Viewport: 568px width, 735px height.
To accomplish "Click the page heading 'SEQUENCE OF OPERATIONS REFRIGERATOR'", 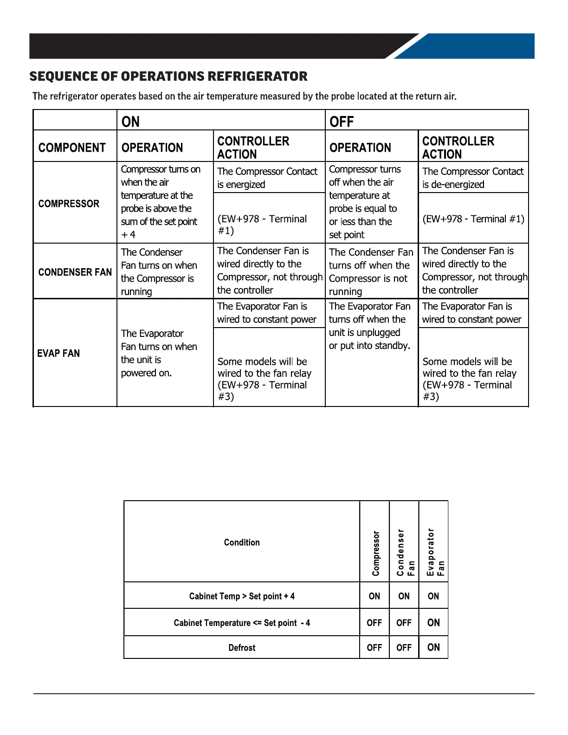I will [168, 77].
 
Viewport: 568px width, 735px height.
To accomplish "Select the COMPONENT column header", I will [72, 148].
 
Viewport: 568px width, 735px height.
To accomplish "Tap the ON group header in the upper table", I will [130, 122].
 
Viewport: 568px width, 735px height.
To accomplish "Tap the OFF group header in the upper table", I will [342, 122].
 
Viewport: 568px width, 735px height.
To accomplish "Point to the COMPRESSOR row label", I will [69, 204].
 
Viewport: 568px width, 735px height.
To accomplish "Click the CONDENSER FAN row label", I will [75, 272].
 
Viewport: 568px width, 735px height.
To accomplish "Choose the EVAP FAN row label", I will [58, 353].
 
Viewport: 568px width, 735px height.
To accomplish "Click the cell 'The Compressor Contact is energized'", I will [267, 178].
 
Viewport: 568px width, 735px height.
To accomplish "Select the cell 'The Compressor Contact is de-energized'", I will [472, 178].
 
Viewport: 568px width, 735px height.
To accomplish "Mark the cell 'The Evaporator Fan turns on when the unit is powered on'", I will [159, 353].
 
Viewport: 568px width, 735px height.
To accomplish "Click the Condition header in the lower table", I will [242, 542].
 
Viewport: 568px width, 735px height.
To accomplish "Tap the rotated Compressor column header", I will [375, 553].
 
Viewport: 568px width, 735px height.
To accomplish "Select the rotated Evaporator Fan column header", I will [435, 552].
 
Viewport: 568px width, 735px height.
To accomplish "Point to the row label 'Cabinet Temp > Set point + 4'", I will [242, 596].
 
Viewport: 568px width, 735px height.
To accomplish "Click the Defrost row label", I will [242, 647].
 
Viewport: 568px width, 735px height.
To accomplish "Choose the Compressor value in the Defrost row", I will [374, 647].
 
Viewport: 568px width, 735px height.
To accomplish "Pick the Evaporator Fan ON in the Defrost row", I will [433, 647].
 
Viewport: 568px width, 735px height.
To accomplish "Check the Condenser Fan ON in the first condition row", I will [404, 596].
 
